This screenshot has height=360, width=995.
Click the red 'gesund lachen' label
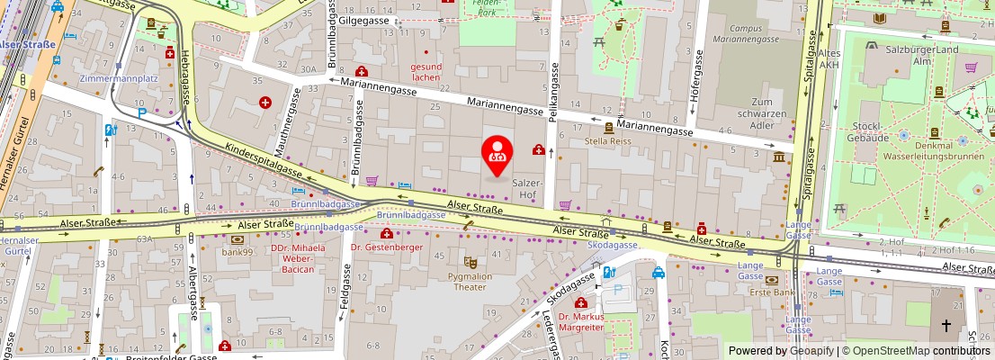(x=426, y=72)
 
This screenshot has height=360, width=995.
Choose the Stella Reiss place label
(x=608, y=141)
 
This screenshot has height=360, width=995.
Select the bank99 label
(x=238, y=252)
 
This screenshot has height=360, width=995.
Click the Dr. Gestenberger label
(x=386, y=247)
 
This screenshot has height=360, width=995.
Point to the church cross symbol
(x=946, y=326)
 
